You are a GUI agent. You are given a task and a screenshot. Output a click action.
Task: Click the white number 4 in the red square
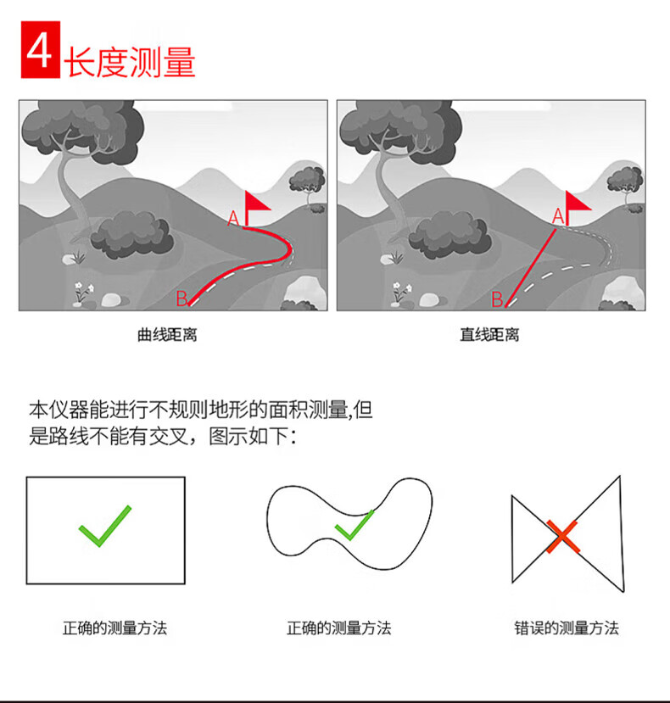40,50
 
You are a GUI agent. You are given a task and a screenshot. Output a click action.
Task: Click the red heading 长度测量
130,62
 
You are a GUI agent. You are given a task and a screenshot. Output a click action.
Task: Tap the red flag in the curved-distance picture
256,204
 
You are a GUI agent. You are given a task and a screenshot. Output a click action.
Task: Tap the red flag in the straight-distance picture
578,204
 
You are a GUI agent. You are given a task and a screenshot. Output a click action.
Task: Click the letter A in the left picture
233,219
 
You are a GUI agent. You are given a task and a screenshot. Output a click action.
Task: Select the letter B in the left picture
181,298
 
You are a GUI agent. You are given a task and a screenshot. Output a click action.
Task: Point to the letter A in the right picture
558,216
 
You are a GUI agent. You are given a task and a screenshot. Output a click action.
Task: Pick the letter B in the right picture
497,299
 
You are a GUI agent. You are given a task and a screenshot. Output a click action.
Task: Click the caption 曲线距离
167,334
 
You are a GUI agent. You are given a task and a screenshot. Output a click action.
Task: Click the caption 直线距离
489,334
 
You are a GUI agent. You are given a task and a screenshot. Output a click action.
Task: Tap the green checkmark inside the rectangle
105,526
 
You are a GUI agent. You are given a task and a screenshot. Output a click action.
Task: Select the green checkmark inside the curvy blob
355,525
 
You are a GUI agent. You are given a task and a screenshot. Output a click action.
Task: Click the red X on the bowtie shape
562,536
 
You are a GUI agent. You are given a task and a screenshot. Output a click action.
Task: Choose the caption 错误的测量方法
567,628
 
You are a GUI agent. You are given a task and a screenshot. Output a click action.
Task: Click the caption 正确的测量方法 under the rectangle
114,628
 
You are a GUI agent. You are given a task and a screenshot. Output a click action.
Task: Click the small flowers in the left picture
84,292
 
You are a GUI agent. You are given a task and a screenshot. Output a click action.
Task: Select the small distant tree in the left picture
307,183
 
